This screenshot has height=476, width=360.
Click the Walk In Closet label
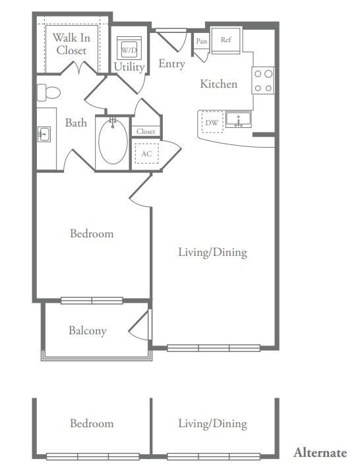(71, 44)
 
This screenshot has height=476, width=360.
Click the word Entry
(171, 64)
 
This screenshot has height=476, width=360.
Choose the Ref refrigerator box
(226, 40)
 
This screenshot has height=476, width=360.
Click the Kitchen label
(219, 84)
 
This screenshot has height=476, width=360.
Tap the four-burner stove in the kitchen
(264, 80)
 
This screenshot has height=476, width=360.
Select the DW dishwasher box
(212, 123)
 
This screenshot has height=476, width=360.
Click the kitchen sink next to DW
(238, 120)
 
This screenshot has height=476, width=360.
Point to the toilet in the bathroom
(49, 92)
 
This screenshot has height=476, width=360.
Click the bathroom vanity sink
(44, 134)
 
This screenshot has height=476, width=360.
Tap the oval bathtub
(113, 142)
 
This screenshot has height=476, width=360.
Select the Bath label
(76, 123)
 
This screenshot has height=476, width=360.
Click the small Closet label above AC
(146, 131)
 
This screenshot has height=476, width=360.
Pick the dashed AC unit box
(146, 154)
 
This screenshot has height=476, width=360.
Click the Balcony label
(88, 331)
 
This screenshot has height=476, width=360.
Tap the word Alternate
(320, 452)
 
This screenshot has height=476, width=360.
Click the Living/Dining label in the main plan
(213, 252)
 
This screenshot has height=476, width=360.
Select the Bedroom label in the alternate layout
(92, 423)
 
